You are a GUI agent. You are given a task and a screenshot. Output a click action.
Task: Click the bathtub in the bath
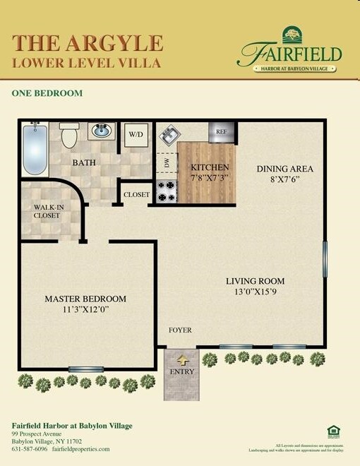click(34, 149)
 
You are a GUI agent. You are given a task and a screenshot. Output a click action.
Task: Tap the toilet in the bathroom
click(69, 135)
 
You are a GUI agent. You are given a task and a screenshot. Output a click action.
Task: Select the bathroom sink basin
click(102, 131)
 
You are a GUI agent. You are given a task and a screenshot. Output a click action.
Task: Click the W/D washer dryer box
click(136, 134)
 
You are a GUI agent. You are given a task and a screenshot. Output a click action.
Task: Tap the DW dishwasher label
click(167, 163)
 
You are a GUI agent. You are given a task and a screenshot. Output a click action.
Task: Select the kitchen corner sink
click(170, 134)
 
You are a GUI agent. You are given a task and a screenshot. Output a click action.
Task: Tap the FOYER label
click(180, 330)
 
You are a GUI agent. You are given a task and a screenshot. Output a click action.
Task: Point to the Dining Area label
click(284, 169)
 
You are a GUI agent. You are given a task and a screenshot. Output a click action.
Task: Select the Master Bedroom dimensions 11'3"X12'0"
click(85, 309)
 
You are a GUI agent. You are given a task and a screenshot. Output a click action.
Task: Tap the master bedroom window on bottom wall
click(85, 369)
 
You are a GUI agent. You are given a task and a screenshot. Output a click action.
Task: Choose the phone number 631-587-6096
click(30, 449)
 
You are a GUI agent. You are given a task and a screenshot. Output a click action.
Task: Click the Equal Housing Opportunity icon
click(333, 431)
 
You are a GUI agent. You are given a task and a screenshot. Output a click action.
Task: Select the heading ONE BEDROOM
click(47, 93)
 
